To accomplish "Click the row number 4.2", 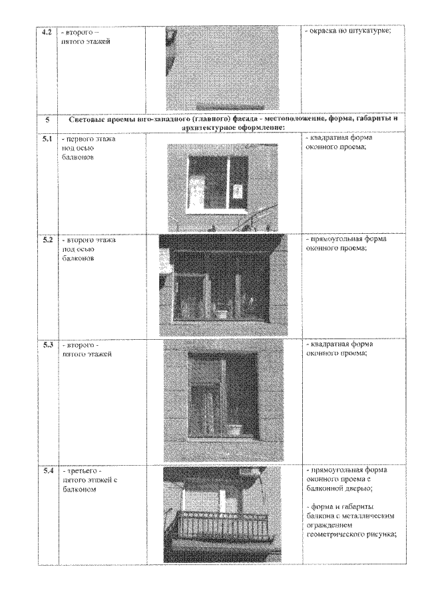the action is (47, 32).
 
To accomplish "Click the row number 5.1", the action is (47, 139).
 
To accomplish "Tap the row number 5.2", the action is (47, 239).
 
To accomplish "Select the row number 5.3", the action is (47, 344).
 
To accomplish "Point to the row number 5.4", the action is (47, 471).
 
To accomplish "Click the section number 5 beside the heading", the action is (47, 121).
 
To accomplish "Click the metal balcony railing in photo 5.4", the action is (222, 526).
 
